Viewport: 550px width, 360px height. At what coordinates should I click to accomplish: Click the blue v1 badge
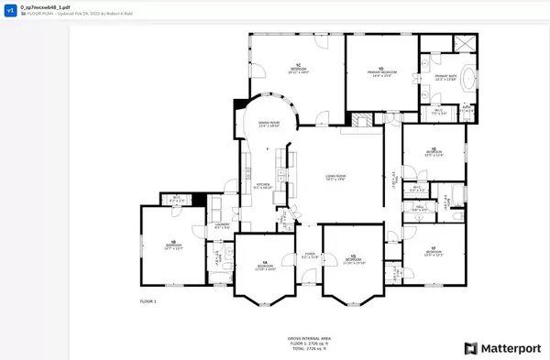[x=11, y=11]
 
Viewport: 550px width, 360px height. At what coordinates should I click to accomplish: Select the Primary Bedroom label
[x=381, y=72]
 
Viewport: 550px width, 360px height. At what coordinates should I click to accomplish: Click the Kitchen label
[x=263, y=185]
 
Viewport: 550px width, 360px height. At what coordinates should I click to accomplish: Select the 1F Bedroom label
[x=434, y=253]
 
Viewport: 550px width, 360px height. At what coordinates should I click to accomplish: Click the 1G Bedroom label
[x=354, y=261]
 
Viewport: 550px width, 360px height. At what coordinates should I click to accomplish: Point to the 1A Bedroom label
[x=264, y=267]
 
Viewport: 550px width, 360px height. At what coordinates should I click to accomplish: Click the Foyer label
[x=310, y=256]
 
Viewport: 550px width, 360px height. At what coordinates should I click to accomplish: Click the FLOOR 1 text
[x=148, y=301]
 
